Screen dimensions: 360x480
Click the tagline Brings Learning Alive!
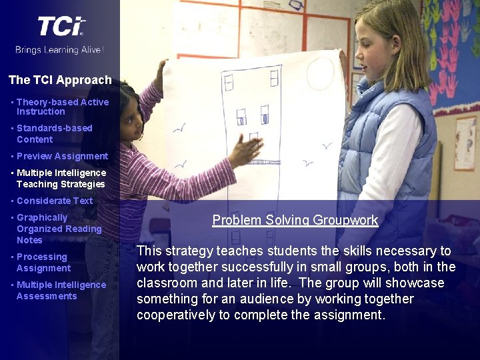(x=60, y=49)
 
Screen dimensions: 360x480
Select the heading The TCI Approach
(x=60, y=80)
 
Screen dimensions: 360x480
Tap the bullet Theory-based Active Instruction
(x=62, y=107)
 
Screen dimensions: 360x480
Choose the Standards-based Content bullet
(x=54, y=133)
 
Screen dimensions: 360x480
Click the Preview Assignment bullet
(x=62, y=156)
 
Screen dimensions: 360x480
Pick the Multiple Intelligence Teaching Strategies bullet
(x=61, y=178)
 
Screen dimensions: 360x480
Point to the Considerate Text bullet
(x=55, y=201)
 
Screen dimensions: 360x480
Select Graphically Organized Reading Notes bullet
(x=59, y=229)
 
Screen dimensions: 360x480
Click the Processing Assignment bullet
(x=43, y=262)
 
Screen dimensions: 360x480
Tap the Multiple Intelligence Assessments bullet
(x=61, y=290)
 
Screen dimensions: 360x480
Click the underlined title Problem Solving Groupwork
(x=295, y=220)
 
